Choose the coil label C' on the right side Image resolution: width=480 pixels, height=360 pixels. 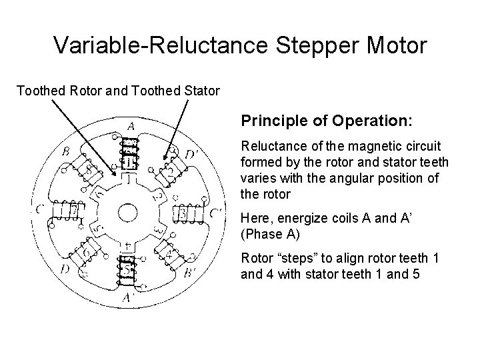point(215,213)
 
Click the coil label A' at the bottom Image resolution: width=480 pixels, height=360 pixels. point(129,299)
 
